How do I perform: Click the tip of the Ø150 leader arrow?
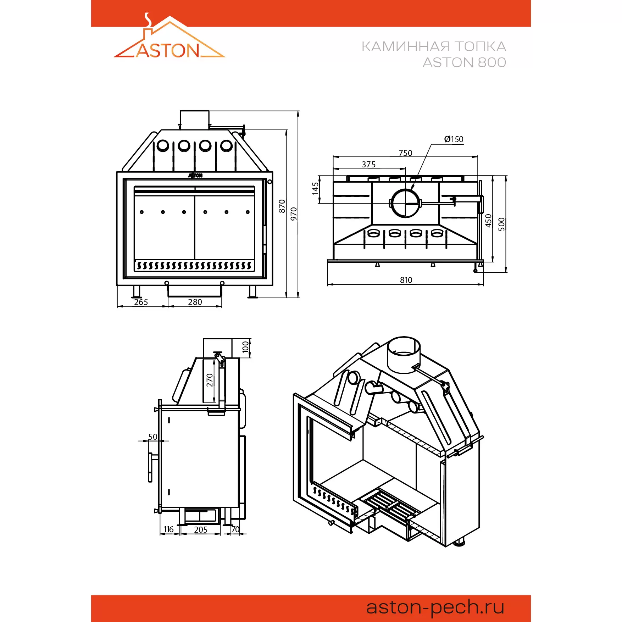[411, 190]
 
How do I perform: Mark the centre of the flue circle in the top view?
[405, 203]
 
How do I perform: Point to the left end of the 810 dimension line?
[327, 284]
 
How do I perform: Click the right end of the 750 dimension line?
[478, 157]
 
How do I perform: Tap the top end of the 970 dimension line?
[298, 111]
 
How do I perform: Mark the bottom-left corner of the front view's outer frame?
[117, 285]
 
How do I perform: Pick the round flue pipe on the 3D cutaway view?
[404, 355]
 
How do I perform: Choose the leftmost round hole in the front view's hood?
[163, 145]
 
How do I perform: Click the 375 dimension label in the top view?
[368, 165]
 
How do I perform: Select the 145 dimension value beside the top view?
[315, 189]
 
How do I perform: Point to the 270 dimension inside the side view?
[210, 380]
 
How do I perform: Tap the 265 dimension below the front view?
[141, 302]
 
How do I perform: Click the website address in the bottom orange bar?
[435, 607]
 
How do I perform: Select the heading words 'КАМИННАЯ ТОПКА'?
[434, 46]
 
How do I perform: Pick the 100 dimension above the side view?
[245, 347]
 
